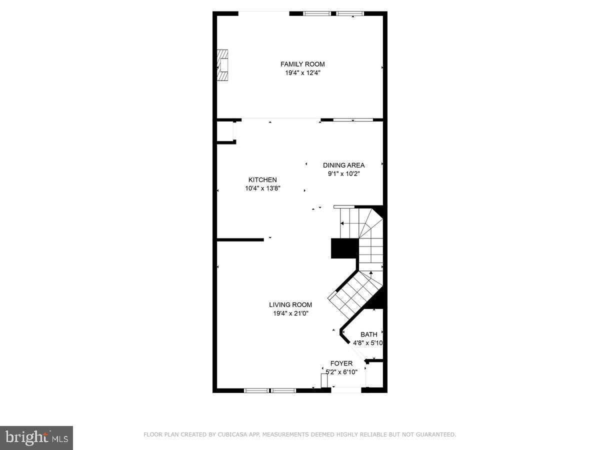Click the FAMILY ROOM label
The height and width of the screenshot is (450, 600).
coord(302,64)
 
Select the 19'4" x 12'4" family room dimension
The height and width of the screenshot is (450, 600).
coord(302,73)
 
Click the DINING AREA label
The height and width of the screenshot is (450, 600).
coord(343,165)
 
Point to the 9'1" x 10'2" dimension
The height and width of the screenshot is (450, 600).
coord(343,174)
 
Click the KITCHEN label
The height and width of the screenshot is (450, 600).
coord(262,180)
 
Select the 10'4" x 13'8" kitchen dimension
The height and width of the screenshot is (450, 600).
coord(262,189)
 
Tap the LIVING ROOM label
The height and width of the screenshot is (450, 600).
coord(290,304)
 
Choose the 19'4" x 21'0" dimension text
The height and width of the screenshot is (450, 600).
coord(290,313)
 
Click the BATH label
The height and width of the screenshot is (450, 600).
coord(369,334)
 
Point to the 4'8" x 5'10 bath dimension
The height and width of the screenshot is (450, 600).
coord(367,343)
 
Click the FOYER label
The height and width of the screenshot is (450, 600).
coord(341,363)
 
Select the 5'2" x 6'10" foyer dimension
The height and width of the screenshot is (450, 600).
coord(341,372)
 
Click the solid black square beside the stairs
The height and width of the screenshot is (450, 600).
coord(344,248)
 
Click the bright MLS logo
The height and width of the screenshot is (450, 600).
coord(36,437)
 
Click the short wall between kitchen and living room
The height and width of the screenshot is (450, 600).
coord(240,240)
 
